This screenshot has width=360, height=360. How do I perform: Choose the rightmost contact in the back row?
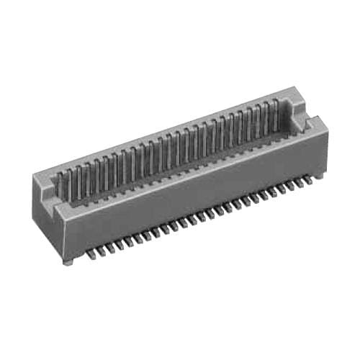click(275, 112)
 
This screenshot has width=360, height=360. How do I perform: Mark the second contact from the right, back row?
click(266, 114)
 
